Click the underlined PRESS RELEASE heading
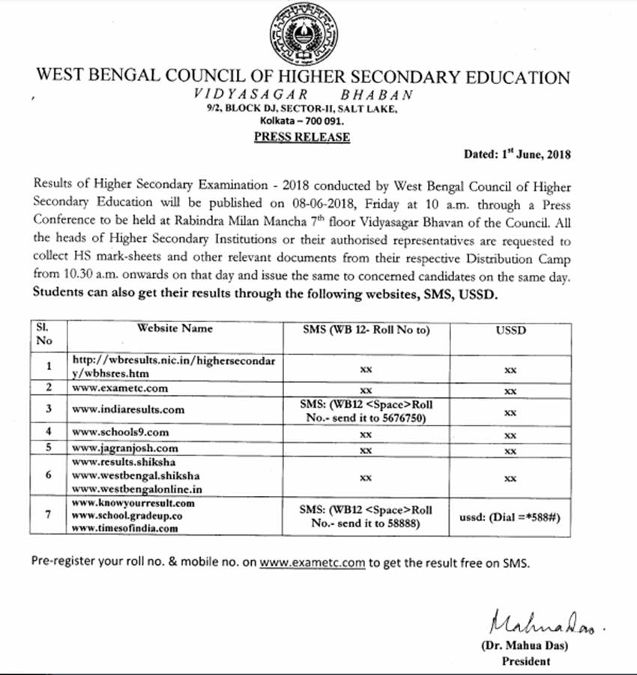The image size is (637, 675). (301, 136)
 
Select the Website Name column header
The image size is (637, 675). (175, 328)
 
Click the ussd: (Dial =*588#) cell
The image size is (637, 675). (510, 518)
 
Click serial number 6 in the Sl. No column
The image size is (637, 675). (48, 475)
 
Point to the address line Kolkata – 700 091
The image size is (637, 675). (301, 121)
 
